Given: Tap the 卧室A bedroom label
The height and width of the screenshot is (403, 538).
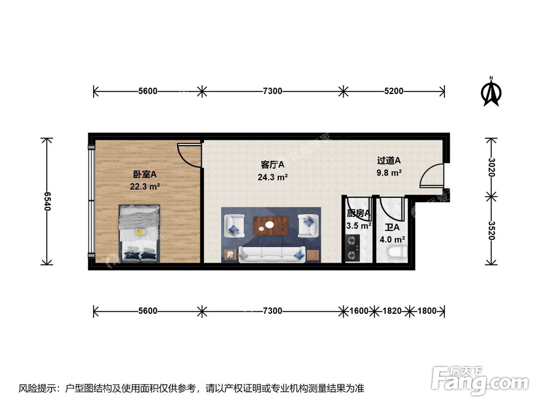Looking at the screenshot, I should [144, 175].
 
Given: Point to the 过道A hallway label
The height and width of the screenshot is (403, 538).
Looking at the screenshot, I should [389, 160].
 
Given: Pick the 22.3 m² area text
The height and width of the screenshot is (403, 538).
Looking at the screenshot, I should [144, 186].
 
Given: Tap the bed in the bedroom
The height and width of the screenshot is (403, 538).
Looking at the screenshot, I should [139, 233].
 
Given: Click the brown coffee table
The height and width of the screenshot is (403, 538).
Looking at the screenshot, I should [271, 225].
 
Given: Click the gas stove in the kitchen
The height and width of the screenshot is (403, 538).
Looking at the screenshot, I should [353, 248].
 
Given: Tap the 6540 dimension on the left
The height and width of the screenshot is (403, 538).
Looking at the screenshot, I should [47, 201].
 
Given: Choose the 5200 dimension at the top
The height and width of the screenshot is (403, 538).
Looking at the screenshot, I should [394, 91].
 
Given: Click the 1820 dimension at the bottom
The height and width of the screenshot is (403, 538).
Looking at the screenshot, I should [391, 311].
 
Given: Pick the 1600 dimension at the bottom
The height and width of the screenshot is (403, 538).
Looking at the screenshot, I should [359, 311].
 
